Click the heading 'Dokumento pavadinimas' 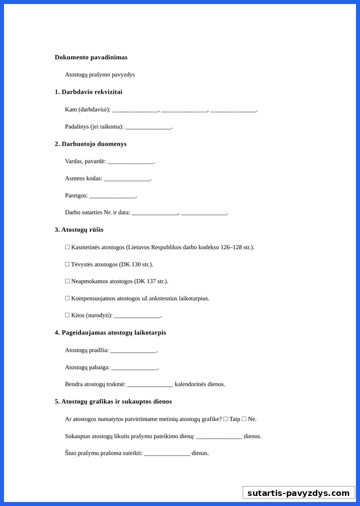pyautogui.click(x=91, y=57)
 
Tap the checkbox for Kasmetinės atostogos pyautogui.click(x=67, y=247)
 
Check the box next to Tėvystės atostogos pyautogui.click(x=67, y=265)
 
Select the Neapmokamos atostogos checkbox pyautogui.click(x=67, y=282)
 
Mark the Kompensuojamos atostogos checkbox pyautogui.click(x=67, y=299)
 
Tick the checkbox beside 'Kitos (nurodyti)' pyautogui.click(x=67, y=316)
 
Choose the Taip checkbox pyautogui.click(x=226, y=419)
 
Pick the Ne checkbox pyautogui.click(x=244, y=419)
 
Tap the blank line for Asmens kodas pyautogui.click(x=127, y=179)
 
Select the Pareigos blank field pyautogui.click(x=112, y=196)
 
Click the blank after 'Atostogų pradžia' pyautogui.click(x=133, y=351)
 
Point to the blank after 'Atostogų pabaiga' pyautogui.click(x=134, y=368)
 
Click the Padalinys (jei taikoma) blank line pyautogui.click(x=148, y=127)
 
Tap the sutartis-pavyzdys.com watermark pyautogui.click(x=298, y=493)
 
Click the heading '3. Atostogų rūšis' pyautogui.click(x=79, y=230)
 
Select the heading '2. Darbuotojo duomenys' pyautogui.click(x=91, y=144)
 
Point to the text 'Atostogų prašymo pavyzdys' pyautogui.click(x=100, y=75)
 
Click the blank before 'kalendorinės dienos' pyautogui.click(x=150, y=385)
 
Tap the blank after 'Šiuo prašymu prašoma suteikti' pyautogui.click(x=167, y=454)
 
